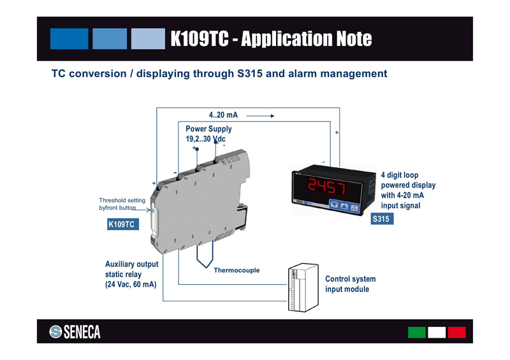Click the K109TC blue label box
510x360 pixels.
pos(121,224)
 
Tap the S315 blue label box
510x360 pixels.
pos(381,219)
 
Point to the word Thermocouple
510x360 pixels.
pos(237,270)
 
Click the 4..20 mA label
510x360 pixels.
pos(223,115)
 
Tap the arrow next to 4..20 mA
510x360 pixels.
pos(260,117)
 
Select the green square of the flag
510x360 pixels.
pos(417,332)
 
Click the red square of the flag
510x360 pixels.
pos(456,332)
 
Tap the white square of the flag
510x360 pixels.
pos(437,332)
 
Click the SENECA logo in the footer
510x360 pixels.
pos(75,331)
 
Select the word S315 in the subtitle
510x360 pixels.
pos(250,74)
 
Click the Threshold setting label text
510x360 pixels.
pos(122,204)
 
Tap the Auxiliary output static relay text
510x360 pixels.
pos(131,274)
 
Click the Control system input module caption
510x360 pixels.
pos(350,284)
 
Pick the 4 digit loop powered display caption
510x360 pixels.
pos(409,190)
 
